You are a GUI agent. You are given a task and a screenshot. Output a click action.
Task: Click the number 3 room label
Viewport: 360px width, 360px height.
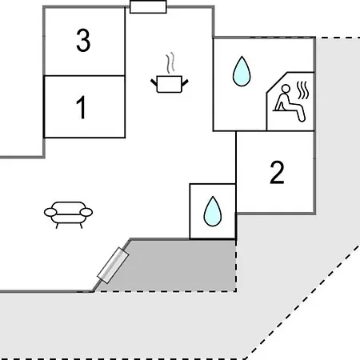coord(83,40)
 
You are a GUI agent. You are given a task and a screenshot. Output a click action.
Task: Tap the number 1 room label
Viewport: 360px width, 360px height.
coord(81,107)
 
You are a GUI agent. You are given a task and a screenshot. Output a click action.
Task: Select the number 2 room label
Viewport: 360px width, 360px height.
coord(277,172)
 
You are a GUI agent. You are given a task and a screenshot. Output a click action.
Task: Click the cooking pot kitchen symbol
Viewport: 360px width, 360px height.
coord(170,84)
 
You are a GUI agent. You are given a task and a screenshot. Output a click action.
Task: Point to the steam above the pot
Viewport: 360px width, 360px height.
coord(170,63)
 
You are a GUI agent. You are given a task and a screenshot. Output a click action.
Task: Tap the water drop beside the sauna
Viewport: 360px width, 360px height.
coord(242,71)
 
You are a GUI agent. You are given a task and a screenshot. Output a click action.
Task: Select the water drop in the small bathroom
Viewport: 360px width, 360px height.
coord(213,211)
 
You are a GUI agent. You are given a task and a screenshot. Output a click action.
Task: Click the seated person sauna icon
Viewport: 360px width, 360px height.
coord(290,103)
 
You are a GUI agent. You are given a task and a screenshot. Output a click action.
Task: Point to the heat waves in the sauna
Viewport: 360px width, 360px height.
coord(303,90)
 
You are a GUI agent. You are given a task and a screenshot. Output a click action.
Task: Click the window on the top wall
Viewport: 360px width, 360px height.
coord(148,6)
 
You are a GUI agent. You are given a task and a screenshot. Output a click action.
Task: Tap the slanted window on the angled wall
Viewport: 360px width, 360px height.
coord(114,265)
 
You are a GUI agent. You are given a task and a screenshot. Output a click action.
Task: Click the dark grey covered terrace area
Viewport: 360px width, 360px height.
coord(174,266)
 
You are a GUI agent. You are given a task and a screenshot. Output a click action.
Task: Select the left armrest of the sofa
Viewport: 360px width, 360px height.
coord(50,212)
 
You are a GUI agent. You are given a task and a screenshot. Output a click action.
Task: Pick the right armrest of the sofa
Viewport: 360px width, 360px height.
coord(86,212)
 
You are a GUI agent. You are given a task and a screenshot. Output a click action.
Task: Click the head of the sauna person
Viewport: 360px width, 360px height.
coord(286,88)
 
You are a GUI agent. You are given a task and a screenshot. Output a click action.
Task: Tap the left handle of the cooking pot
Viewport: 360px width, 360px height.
coord(154,82)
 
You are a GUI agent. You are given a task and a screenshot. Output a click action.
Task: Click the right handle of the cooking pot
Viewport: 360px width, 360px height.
coord(185,82)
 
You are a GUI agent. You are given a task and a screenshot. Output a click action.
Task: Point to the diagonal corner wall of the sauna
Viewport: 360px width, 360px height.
coord(277,82)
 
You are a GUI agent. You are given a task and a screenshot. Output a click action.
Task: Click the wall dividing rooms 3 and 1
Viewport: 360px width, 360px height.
coord(84,76)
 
